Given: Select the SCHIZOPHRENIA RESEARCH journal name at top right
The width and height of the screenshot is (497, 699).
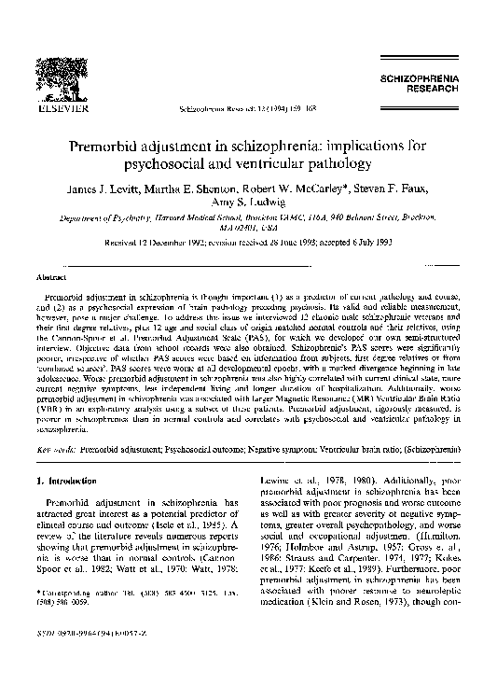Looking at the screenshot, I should pyautogui.click(x=423, y=87).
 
